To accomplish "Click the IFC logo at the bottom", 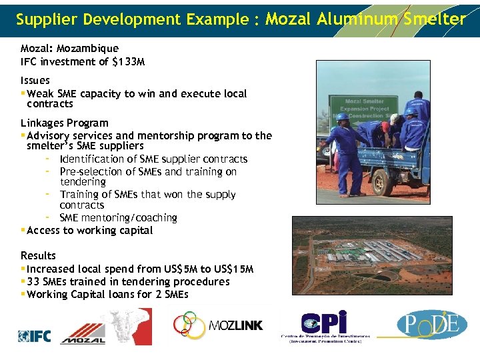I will click(x=34, y=336).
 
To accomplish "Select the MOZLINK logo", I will click(x=218, y=325).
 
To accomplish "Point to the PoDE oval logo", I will click(x=431, y=325).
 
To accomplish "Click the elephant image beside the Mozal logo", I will click(x=130, y=326).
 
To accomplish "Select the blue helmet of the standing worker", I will click(x=342, y=117).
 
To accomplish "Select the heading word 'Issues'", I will click(x=35, y=81).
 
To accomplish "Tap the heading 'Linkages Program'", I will click(x=64, y=123).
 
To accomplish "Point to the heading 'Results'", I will click(x=38, y=255).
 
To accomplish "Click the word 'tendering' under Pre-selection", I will click(x=83, y=182).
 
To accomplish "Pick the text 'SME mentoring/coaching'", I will click(x=118, y=218).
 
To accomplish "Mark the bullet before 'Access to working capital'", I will click(x=23, y=231).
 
